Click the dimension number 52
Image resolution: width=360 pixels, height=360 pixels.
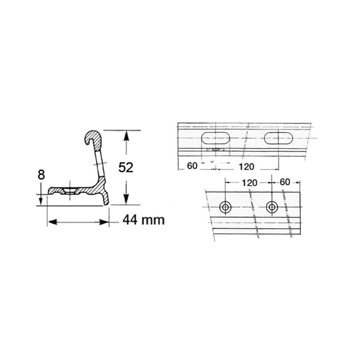[x=126, y=167]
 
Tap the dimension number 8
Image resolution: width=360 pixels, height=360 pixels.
[x=41, y=175]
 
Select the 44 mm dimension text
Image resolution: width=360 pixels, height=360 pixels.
[x=144, y=220]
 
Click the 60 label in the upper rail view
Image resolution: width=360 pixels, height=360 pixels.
[x=192, y=166]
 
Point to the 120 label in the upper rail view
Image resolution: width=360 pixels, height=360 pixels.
[x=246, y=166]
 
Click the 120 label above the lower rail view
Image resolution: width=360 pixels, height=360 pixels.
[x=250, y=183]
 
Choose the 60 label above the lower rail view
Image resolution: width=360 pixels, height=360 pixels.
[x=285, y=182]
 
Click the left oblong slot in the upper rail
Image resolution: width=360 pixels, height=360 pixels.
[x=216, y=138]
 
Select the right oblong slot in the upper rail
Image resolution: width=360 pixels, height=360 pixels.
[x=279, y=138]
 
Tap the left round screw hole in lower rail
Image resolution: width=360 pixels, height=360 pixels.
[x=225, y=207]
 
